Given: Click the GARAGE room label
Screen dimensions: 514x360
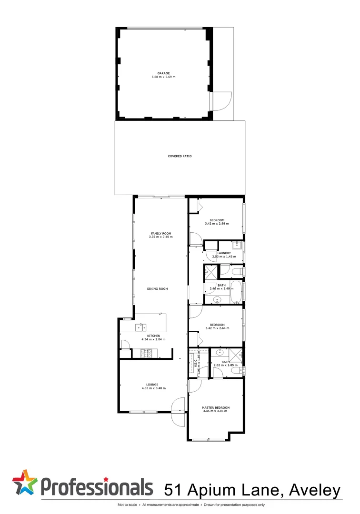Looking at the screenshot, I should [x=163, y=73].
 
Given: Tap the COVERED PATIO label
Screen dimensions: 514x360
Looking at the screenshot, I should [x=180, y=156].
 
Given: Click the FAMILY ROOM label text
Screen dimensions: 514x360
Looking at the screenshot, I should [x=160, y=233].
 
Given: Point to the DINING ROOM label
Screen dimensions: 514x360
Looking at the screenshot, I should [x=157, y=289].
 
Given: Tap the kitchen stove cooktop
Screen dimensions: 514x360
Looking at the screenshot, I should [x=145, y=353].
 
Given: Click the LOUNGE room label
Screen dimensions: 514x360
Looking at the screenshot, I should [x=152, y=385].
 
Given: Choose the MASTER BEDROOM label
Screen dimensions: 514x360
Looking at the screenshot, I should [x=216, y=408].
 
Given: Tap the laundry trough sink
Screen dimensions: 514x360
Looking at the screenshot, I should [x=238, y=247].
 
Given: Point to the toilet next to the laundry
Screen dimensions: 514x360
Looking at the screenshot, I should [x=238, y=272].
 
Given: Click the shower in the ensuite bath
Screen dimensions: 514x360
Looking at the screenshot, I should [x=235, y=355].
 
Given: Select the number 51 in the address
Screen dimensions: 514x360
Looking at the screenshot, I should [x=174, y=490].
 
